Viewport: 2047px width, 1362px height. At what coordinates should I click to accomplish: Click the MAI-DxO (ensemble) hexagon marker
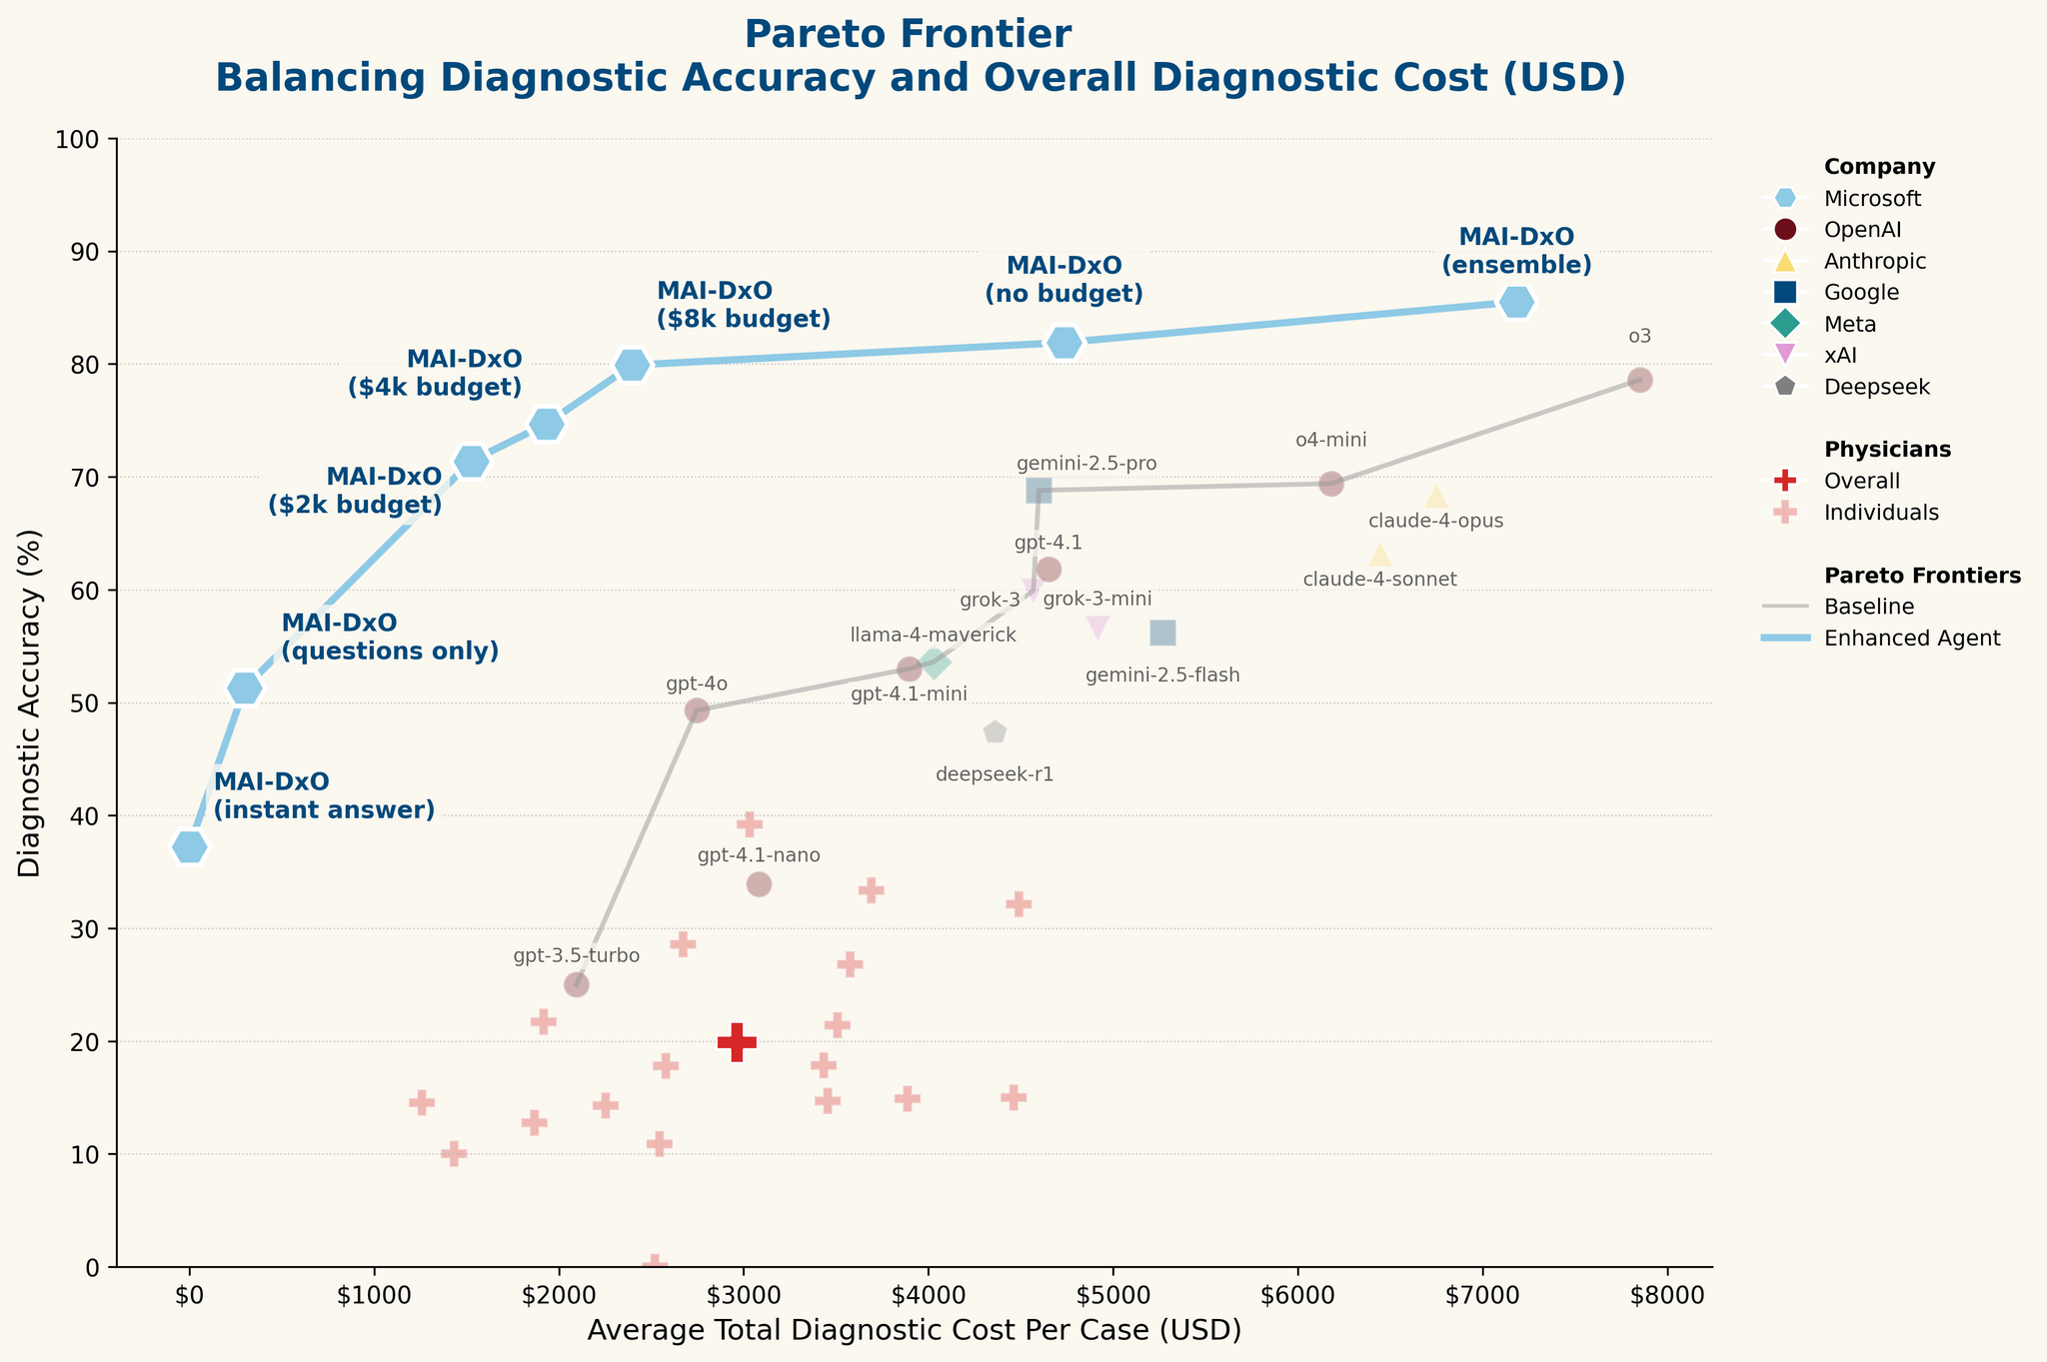(1516, 302)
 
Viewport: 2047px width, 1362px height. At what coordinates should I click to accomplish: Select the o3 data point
(1639, 380)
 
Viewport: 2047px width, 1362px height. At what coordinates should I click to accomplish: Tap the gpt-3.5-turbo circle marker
(576, 984)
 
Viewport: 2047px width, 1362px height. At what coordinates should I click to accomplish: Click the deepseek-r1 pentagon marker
(995, 732)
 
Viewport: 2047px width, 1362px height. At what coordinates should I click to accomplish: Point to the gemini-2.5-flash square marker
(1162, 633)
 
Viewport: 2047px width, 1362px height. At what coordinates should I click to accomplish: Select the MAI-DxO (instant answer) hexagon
(190, 847)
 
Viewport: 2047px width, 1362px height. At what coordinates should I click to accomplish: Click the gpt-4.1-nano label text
(759, 855)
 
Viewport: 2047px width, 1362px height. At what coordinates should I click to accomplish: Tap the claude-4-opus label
(1435, 521)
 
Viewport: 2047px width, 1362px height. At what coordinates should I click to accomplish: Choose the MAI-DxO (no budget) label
(1063, 280)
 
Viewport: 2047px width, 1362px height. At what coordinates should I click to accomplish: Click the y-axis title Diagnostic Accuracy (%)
(31, 702)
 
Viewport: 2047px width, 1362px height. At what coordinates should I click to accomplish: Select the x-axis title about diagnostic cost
(914, 1331)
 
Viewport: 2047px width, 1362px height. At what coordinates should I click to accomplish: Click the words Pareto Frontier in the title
(908, 35)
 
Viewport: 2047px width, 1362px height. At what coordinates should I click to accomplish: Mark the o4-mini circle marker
(1330, 485)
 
